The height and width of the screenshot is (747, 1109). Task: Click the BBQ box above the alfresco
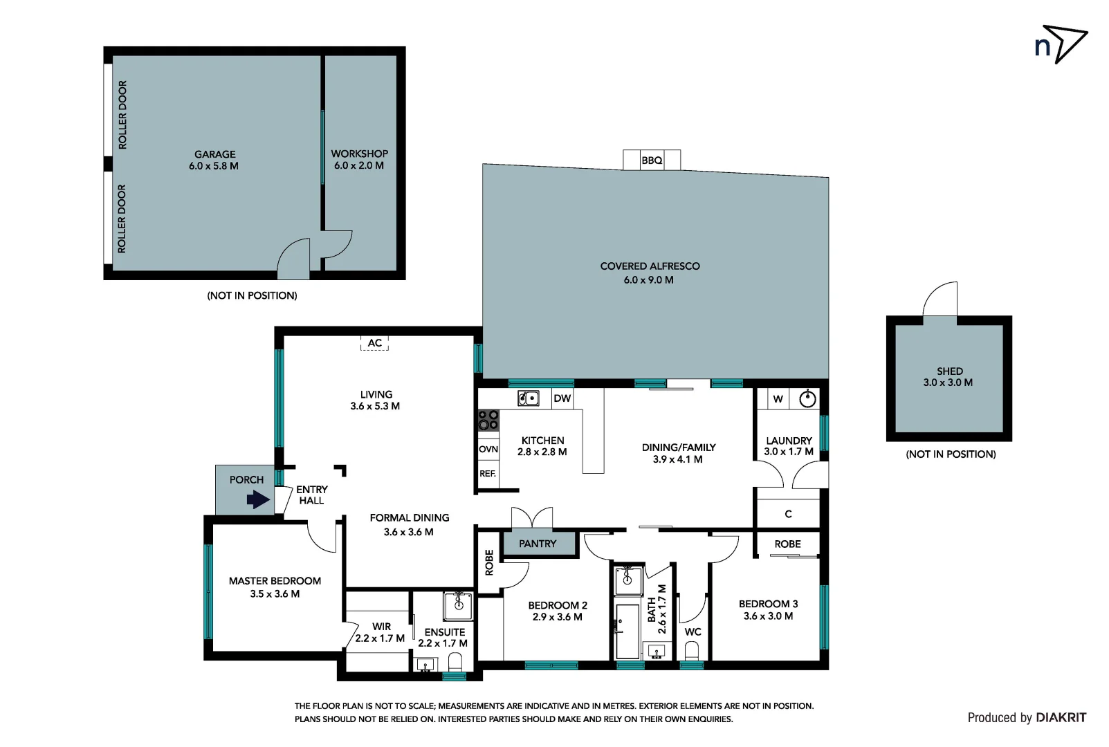coord(652,160)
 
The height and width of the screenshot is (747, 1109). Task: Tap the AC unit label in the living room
coord(374,343)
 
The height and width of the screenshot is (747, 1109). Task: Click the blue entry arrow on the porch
coord(258,499)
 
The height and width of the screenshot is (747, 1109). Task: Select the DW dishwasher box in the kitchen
coord(562,398)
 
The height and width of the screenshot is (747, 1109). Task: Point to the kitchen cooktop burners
coord(488,420)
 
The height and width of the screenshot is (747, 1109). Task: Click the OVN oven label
coord(488,449)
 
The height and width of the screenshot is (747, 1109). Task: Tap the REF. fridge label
coord(488,474)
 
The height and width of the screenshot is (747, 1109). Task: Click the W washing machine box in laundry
coord(778,399)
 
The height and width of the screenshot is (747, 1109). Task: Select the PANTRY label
coord(538,544)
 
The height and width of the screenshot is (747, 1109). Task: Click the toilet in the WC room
coord(692,650)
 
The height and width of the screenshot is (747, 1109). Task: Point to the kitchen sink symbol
coord(529,398)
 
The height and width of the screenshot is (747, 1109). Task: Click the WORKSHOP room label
coord(359,154)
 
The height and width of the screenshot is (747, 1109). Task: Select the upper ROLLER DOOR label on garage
coord(122,115)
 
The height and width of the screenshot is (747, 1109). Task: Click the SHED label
coord(949,371)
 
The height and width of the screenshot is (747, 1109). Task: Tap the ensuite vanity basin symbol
coord(458,606)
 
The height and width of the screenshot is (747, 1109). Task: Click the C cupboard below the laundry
coord(788,514)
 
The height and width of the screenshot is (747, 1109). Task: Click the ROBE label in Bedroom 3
coord(787,544)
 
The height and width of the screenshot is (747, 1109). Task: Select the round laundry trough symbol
coord(807,399)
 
